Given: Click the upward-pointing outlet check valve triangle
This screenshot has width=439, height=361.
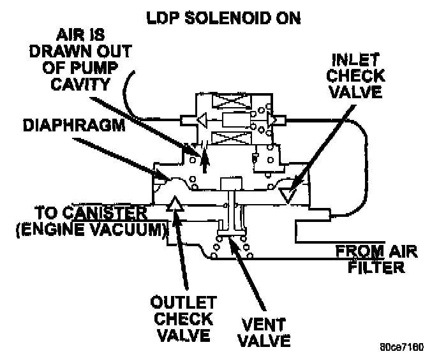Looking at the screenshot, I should [176, 205].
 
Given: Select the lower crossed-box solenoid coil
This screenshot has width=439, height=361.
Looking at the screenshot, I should [226, 137].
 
